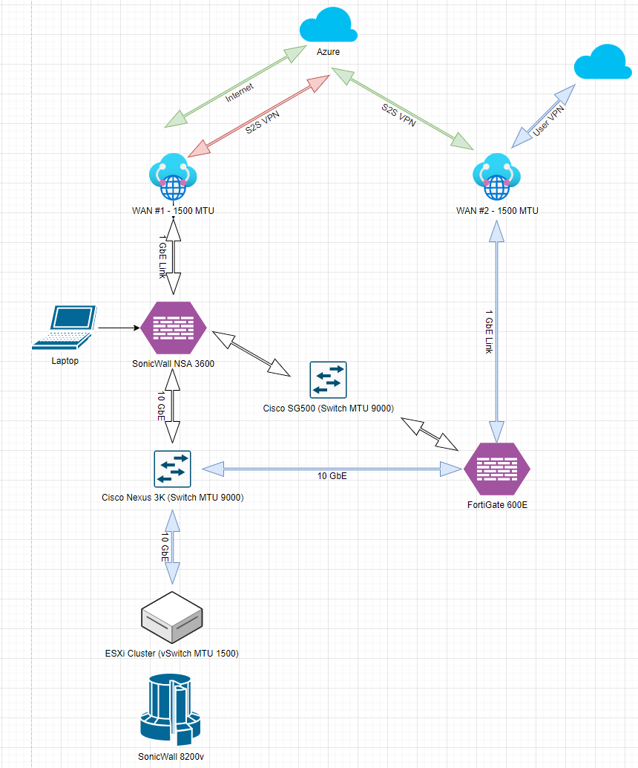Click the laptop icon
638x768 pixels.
click(66, 328)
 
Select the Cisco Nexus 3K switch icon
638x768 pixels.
click(172, 469)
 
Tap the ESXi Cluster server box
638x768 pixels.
click(172, 617)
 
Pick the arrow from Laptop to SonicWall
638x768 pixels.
click(119, 328)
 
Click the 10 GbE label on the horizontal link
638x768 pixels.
click(333, 476)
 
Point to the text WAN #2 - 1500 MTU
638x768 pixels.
click(497, 210)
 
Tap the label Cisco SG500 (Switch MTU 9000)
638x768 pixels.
click(328, 408)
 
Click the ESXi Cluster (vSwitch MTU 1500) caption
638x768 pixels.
click(171, 654)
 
